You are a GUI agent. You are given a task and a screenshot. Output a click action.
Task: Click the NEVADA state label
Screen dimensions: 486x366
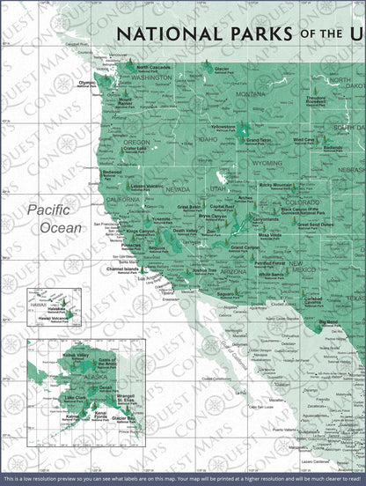pyautogui.click(x=178, y=189)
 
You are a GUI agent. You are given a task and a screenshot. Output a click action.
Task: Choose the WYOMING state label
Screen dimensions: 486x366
pyautogui.click(x=267, y=163)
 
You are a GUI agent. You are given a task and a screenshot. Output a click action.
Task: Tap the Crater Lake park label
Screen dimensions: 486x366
pyautogui.click(x=135, y=150)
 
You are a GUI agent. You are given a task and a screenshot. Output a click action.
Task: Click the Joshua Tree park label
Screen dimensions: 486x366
pyautogui.click(x=204, y=271)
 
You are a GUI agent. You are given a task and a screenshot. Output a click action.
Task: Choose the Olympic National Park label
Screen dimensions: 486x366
pyautogui.click(x=87, y=84)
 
